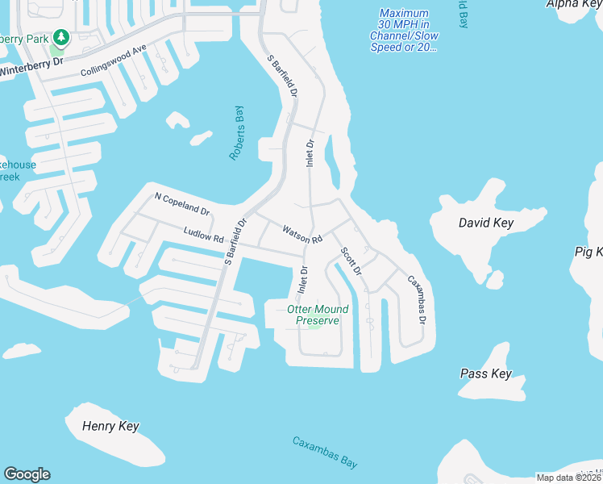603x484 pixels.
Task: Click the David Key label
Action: [486, 222]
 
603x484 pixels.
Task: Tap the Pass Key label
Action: [485, 373]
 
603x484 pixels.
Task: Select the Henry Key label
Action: [110, 426]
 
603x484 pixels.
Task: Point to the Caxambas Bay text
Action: [325, 453]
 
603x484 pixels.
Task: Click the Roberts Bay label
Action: [236, 132]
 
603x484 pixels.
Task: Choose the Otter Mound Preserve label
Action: [318, 315]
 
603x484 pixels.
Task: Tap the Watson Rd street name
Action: [302, 235]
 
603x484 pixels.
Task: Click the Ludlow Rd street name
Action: [203, 236]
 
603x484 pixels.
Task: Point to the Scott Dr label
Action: [351, 261]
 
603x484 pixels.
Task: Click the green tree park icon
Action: [60, 37]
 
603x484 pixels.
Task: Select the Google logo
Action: [27, 474]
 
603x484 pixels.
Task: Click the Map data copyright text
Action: [569, 478]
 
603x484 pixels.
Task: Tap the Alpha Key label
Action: [573, 4]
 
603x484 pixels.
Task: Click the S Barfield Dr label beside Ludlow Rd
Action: [235, 240]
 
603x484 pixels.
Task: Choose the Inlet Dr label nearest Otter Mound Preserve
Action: [304, 279]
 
